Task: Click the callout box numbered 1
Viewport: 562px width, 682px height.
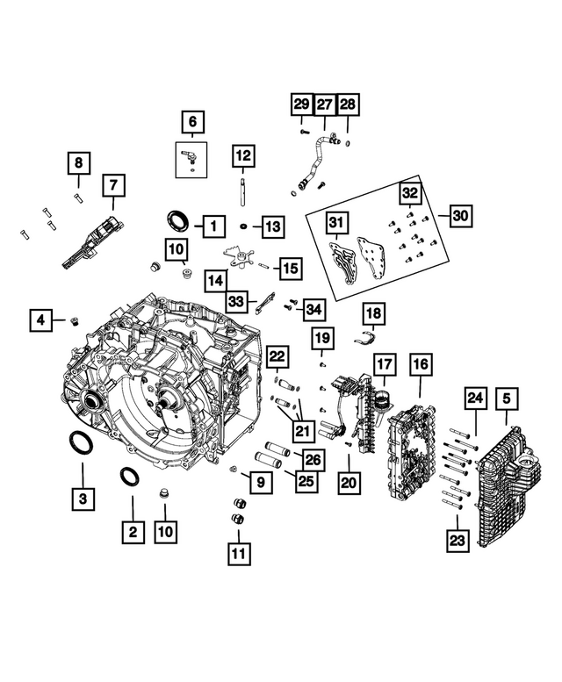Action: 212,226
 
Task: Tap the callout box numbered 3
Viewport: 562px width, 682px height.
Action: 83,499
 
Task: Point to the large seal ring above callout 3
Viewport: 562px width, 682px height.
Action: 80,443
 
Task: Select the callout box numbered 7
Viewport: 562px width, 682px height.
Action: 112,185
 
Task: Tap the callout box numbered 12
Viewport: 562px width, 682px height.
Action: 242,157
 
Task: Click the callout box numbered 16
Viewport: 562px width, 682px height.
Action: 421,363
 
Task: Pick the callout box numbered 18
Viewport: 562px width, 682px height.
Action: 373,313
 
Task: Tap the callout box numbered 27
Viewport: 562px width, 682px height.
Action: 324,104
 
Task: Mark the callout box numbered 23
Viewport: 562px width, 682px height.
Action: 457,542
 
